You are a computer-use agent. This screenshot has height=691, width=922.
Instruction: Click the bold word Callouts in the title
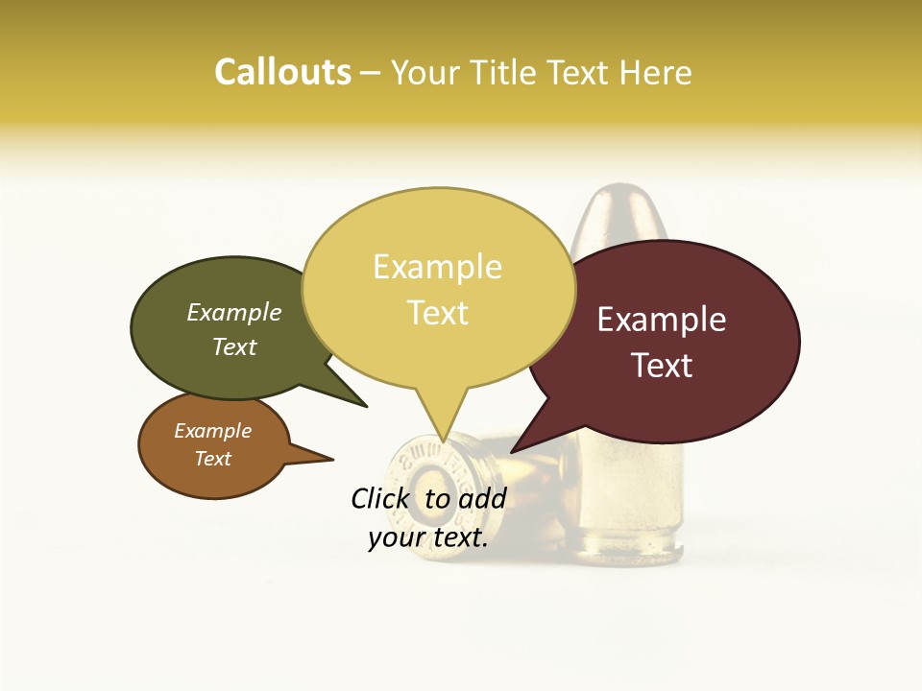pos(282,72)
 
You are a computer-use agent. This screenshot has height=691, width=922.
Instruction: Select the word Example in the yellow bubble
pos(437,267)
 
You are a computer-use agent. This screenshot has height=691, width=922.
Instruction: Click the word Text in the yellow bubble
pos(437,313)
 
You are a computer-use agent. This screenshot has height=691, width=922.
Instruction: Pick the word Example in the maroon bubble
pos(662,320)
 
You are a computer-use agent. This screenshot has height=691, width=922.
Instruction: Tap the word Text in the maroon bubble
pos(662,366)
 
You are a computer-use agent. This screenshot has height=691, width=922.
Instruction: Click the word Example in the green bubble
pos(234,313)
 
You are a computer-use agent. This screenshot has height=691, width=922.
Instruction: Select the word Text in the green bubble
pos(234,346)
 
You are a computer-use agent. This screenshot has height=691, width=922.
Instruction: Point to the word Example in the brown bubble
pos(213,431)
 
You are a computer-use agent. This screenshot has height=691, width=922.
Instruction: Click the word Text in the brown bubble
pos(213,459)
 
